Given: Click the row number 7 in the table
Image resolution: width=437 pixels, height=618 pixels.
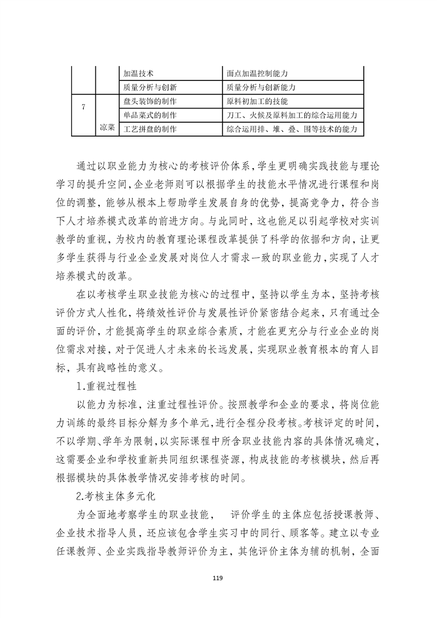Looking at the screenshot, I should coord(83,107).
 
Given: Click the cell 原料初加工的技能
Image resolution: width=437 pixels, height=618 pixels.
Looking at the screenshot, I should coord(257,102).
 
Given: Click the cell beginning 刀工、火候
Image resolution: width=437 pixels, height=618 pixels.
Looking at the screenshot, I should coord(292,115).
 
